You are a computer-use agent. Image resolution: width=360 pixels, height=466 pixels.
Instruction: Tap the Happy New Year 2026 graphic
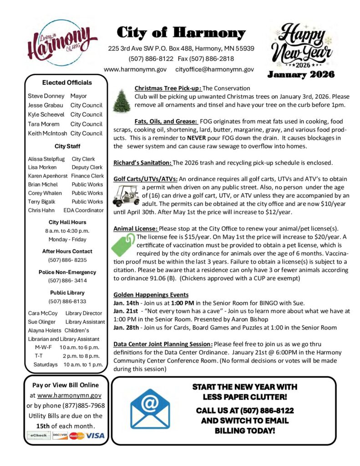pos(300,46)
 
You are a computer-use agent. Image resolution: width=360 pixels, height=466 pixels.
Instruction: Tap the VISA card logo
pos(96,436)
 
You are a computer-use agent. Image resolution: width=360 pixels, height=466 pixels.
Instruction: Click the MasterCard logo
pos(77,436)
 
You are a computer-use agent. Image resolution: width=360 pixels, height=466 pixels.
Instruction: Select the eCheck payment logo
pos(38,436)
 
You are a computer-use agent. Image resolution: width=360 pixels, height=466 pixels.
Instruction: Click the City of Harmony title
pos(181,33)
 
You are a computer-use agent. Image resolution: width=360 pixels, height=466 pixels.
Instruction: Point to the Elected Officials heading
pos(67,82)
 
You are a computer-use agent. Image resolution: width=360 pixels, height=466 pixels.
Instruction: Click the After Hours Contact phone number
pos(67,260)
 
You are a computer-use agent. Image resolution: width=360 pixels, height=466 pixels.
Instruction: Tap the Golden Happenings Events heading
pos(151,294)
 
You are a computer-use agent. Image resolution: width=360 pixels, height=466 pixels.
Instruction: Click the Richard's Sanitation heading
pos(142,162)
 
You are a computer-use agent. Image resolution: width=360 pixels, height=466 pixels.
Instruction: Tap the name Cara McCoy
pos(43,313)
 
